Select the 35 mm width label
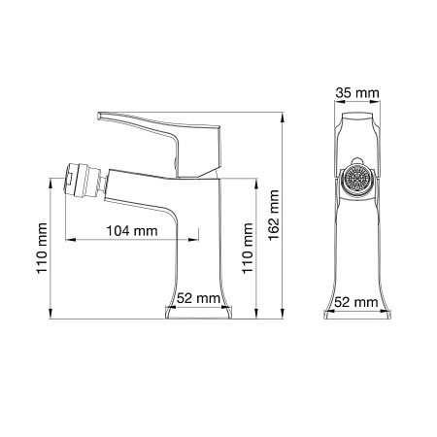click(355, 93)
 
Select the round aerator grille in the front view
click(356, 183)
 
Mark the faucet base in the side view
click(200, 313)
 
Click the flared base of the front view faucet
click(355, 313)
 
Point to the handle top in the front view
click(355, 118)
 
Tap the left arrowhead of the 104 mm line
click(70, 240)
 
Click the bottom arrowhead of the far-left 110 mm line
click(50, 317)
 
